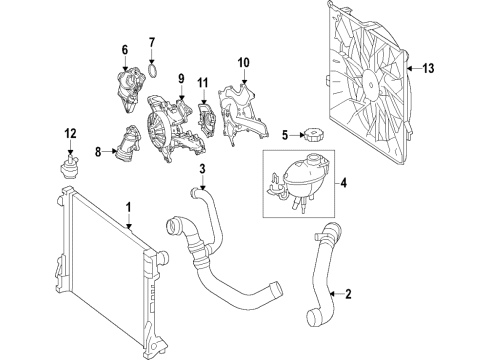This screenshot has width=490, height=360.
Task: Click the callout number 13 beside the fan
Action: [x=428, y=68]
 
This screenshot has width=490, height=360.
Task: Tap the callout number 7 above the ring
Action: [x=152, y=43]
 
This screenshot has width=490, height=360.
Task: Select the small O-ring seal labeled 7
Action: [x=153, y=71]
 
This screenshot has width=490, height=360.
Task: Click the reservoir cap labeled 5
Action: [x=313, y=136]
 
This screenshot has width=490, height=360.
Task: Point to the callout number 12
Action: [x=70, y=134]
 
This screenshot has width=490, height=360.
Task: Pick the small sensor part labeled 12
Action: [x=70, y=165]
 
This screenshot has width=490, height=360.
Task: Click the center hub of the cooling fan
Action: [x=370, y=84]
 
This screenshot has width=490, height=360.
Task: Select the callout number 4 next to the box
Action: [x=344, y=183]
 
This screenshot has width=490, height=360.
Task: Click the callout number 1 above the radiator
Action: [x=128, y=207]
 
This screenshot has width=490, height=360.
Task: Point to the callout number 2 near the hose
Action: [x=348, y=294]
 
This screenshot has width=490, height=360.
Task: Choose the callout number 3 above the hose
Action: [x=202, y=169]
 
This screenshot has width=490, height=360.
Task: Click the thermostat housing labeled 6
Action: [x=129, y=89]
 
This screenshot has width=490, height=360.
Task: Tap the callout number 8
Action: [x=98, y=152]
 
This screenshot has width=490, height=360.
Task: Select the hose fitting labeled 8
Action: [x=128, y=144]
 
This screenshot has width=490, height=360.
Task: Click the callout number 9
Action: [x=181, y=79]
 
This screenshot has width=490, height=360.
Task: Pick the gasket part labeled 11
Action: [x=207, y=120]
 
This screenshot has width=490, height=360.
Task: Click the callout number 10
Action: [x=244, y=62]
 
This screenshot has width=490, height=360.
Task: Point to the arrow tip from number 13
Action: [x=408, y=69]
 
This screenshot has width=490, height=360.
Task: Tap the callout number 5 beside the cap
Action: [x=285, y=135]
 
